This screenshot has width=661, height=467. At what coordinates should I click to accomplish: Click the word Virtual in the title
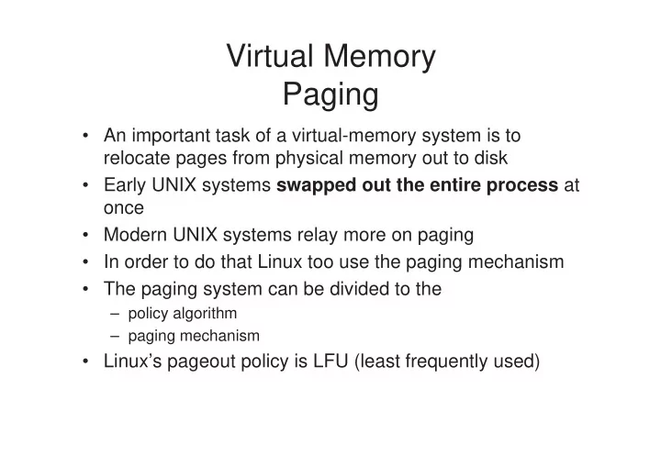click(270, 56)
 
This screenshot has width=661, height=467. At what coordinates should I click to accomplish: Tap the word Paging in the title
click(330, 95)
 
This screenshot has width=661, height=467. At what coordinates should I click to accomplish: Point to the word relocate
click(137, 158)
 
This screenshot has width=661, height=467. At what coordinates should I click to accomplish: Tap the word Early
click(125, 186)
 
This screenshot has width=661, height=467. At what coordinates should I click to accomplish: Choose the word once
click(124, 208)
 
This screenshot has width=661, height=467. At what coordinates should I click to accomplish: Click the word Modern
click(135, 235)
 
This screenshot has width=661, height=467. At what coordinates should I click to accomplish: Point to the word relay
click(319, 236)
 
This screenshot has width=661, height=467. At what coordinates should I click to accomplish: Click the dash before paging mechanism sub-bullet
click(115, 337)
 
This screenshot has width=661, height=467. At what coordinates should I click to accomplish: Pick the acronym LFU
click(330, 361)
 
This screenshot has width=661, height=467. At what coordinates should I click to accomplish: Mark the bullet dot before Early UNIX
click(86, 185)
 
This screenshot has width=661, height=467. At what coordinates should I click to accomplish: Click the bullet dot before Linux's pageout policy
click(86, 361)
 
